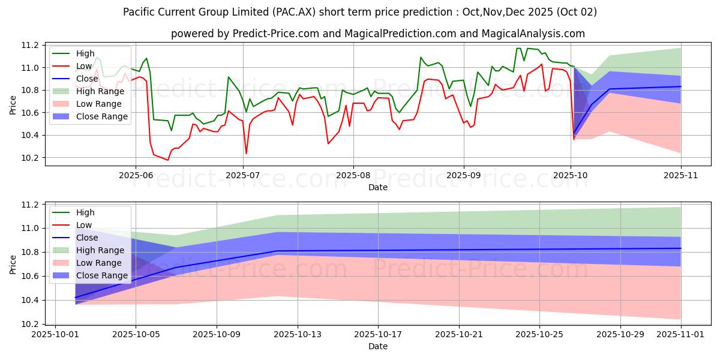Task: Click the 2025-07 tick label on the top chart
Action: coord(243,175)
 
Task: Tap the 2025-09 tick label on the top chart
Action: coord(463,175)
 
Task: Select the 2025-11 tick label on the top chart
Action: coord(681,175)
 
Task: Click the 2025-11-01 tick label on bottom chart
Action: coord(681,335)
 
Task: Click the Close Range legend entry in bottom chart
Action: coord(102,275)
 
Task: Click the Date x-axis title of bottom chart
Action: coord(378,346)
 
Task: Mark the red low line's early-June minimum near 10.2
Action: coord(168,160)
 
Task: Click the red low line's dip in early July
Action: coord(246,154)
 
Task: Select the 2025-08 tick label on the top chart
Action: coord(353,175)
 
